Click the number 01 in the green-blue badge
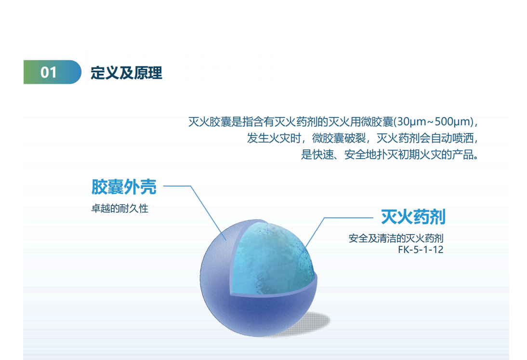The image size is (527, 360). pos(49,72)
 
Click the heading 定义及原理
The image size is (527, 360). pos(126,73)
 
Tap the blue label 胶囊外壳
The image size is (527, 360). pos(124,187)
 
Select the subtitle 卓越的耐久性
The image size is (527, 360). pos(119,208)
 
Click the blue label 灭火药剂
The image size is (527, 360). pos(413,216)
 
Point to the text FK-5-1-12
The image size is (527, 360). pos(421,250)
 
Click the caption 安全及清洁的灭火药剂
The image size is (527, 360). pos(396,239)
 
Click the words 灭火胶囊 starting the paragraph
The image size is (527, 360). pos(210,121)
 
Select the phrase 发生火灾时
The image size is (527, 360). pos(274,138)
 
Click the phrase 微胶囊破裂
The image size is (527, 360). pos(339,138)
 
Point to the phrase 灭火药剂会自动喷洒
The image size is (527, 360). pos(425,138)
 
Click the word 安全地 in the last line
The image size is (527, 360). pos(360,155)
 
